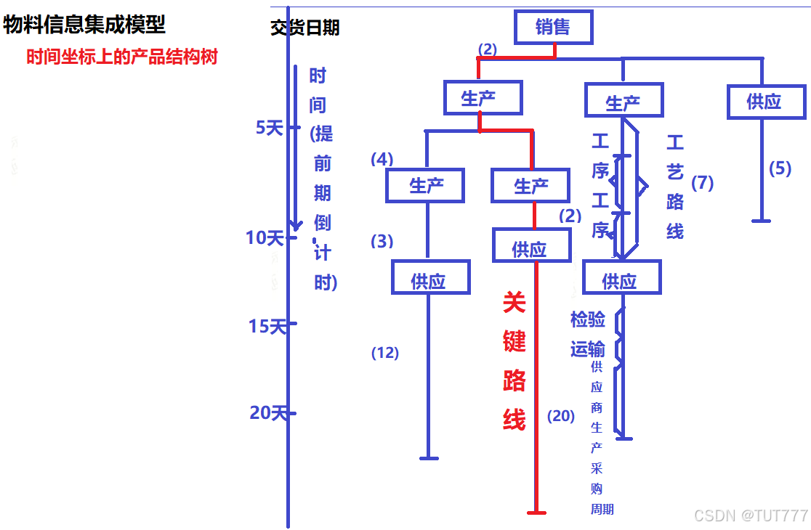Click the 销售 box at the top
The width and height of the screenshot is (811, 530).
553,28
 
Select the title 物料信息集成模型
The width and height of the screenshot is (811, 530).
84,25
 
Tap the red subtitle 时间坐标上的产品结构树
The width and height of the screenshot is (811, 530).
122,57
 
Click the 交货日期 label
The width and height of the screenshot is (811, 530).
305,28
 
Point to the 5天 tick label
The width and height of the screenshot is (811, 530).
268,128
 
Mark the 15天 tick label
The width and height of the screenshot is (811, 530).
267,327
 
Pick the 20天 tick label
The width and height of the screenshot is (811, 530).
268,413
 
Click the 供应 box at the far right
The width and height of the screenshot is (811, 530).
766,101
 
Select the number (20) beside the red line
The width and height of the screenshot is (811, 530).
561,416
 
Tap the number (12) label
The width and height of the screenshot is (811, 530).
385,353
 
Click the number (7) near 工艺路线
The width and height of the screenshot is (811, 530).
702,183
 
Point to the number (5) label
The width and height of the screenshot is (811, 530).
780,168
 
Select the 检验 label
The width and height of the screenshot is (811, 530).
587,319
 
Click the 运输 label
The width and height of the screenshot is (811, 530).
587,349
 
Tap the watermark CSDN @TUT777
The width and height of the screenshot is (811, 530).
751,515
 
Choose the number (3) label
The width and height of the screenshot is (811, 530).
382,241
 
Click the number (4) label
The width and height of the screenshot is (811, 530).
382,159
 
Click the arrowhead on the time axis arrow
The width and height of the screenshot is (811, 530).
295,226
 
